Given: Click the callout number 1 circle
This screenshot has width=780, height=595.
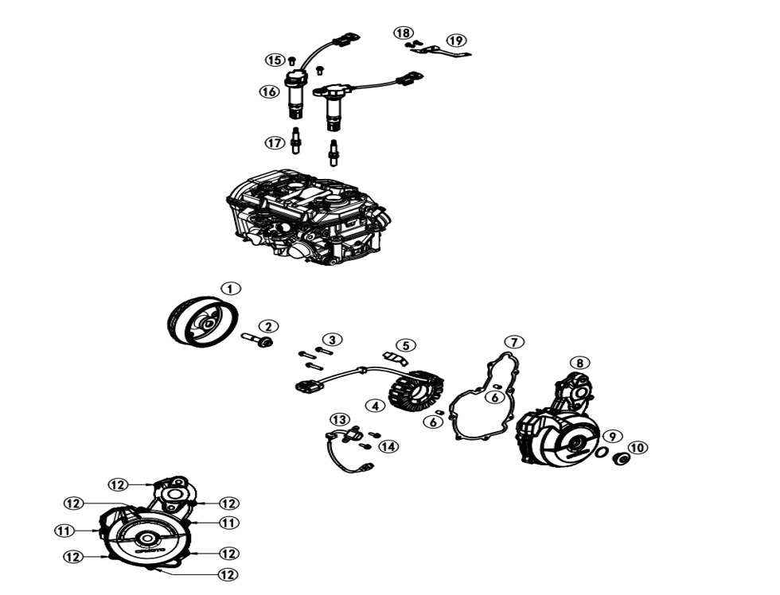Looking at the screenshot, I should [230, 289].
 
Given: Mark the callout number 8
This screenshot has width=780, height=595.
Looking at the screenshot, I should [580, 363].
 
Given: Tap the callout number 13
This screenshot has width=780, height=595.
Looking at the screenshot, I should [340, 419].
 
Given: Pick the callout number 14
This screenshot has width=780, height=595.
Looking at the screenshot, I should [388, 447].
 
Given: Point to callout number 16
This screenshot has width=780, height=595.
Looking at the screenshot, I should [269, 92].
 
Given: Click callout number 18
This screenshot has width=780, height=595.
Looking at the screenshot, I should [404, 33].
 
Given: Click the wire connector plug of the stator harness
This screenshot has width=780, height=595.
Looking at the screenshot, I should [307, 387].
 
